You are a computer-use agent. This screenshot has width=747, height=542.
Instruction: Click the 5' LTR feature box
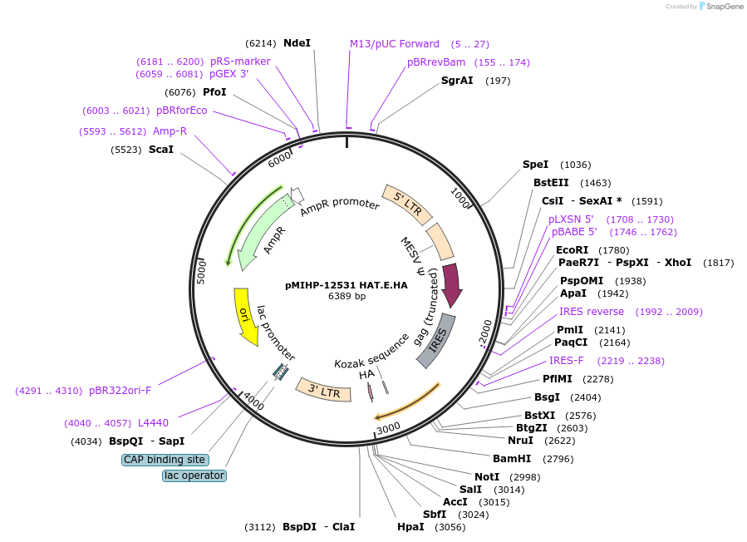tap(407, 204)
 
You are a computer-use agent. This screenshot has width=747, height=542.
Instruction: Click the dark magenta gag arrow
tap(451, 283)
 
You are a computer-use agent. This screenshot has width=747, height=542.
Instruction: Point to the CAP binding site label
tap(165, 460)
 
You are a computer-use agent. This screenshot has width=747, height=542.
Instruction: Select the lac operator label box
tap(194, 475)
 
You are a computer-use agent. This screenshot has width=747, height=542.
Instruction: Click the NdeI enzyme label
tap(297, 42)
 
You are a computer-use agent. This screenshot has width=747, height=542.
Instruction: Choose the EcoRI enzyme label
tap(572, 249)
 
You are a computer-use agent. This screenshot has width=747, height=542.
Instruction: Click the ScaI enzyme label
tap(161, 150)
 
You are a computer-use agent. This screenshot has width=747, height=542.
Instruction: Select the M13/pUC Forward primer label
tap(394, 44)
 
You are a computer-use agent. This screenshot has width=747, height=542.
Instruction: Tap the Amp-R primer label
tap(170, 131)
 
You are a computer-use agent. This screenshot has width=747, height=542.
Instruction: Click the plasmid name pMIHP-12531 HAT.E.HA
tap(346, 284)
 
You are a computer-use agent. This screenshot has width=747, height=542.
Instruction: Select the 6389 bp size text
tap(346, 296)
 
